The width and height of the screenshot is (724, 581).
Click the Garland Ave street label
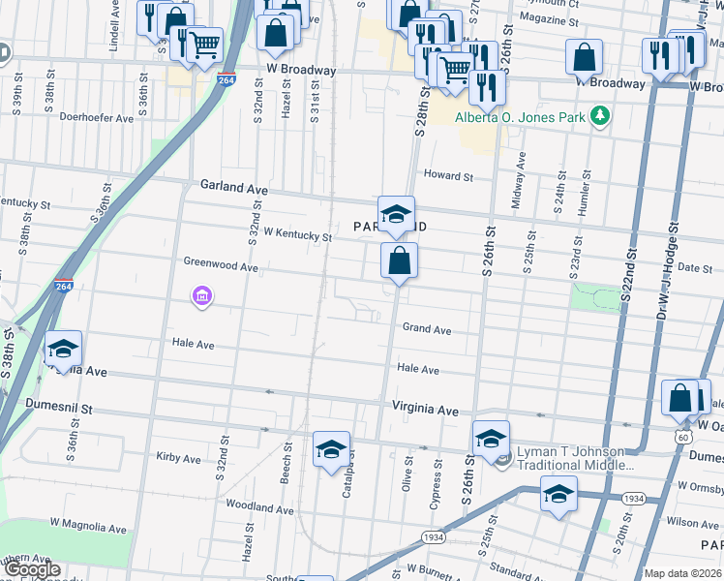tap(233, 185)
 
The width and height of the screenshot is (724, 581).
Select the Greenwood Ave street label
tap(221, 265)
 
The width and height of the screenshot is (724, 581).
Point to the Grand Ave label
tap(427, 330)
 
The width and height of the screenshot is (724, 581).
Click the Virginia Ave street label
tap(425, 411)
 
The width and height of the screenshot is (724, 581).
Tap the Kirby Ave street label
tap(178, 457)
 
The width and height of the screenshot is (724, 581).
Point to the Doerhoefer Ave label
tap(97, 118)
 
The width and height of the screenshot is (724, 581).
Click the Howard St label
tap(448, 177)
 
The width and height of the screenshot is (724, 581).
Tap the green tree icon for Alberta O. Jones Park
tap(601, 116)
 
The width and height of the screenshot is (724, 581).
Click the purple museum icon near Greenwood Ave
tap(201, 295)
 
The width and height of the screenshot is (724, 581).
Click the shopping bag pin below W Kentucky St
tap(399, 261)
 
